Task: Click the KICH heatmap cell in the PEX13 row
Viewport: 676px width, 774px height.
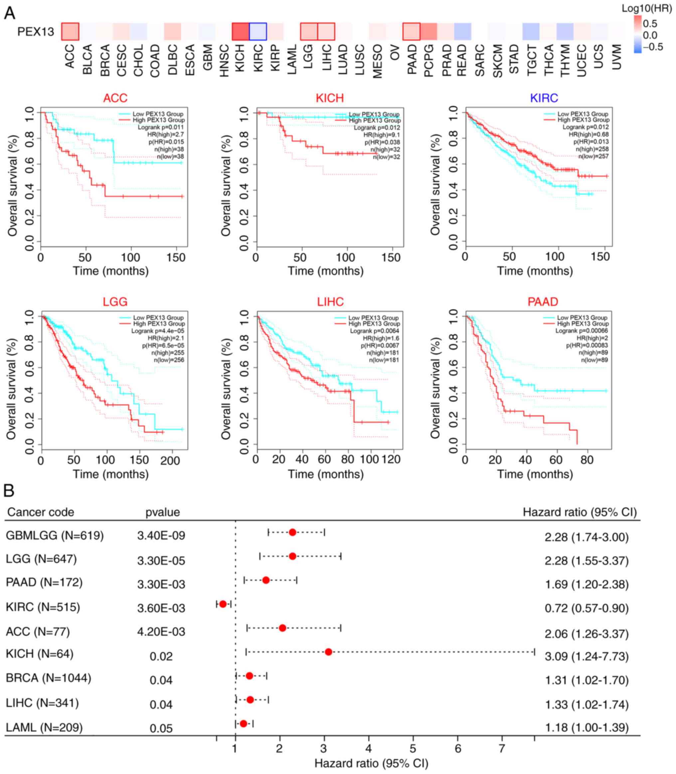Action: coord(240,31)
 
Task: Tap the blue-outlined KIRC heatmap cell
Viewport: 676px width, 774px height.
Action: coord(257,31)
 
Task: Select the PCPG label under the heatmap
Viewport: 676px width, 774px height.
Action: coord(429,60)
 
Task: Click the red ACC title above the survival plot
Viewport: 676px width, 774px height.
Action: coord(115,98)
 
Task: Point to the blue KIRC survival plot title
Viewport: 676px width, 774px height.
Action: coord(544,98)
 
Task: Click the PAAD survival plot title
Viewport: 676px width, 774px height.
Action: coord(543,302)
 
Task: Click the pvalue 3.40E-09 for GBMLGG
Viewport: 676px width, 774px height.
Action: coord(161,535)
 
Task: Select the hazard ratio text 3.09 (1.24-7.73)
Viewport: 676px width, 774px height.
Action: coord(586,656)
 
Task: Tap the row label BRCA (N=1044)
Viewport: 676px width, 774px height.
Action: coord(49,678)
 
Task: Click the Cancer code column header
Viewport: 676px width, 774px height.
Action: coord(40,512)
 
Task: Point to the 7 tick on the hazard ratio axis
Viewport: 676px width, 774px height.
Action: coord(502,748)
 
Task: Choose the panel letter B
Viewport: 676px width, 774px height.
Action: coord(9,491)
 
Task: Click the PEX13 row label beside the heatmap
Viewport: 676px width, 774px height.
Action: coord(36,32)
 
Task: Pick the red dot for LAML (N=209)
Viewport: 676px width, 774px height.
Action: coord(243,723)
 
